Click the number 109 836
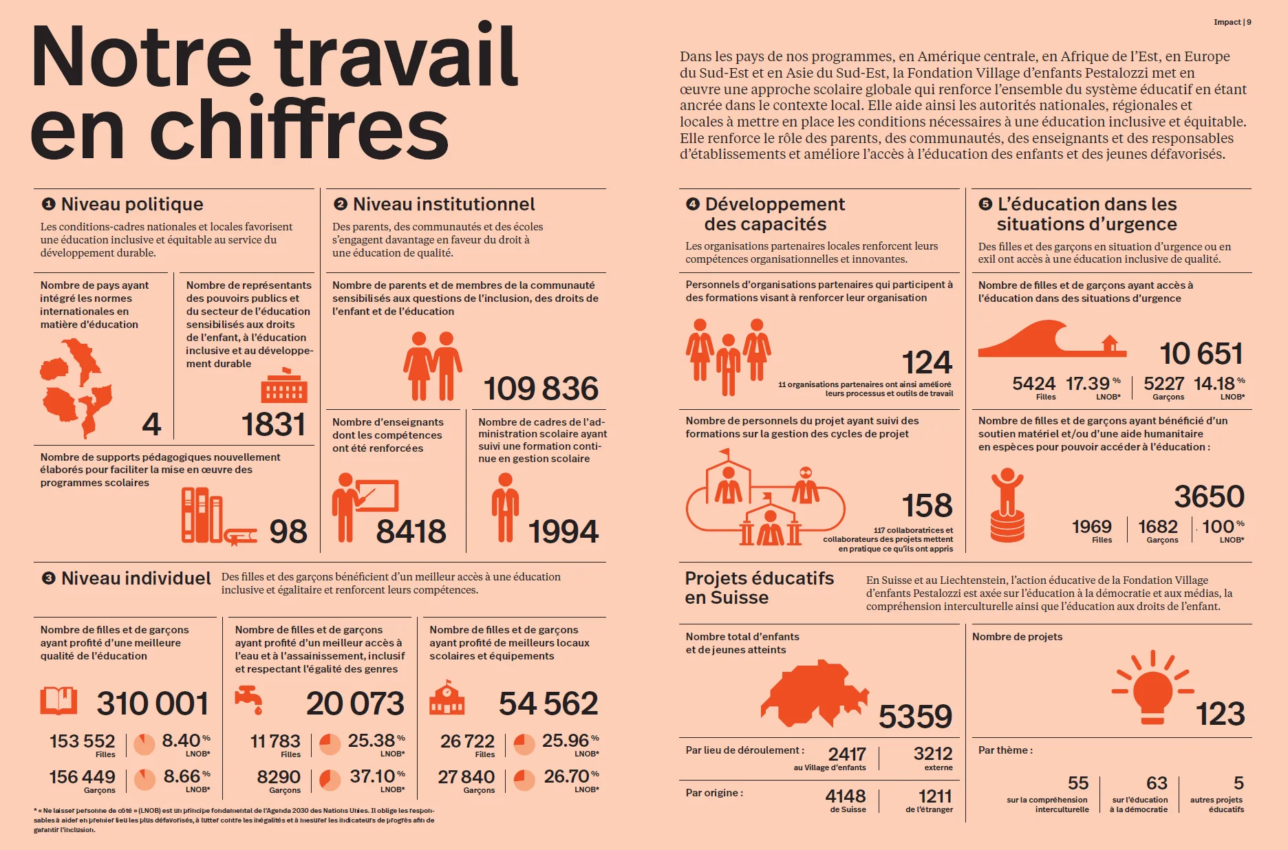(541, 389)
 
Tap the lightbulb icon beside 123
(1152, 688)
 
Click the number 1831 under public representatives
(273, 424)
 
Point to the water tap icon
(249, 699)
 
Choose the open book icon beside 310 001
(58, 701)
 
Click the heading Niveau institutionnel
(443, 204)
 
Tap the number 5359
(915, 717)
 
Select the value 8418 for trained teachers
(411, 532)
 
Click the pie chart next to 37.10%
(330, 780)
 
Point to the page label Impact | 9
(1232, 22)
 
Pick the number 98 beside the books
(288, 532)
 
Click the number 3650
(1209, 497)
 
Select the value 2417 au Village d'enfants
(847, 754)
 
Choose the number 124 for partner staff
(927, 362)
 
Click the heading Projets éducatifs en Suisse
(759, 588)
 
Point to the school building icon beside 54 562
(447, 698)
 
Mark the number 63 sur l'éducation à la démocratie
(1157, 783)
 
